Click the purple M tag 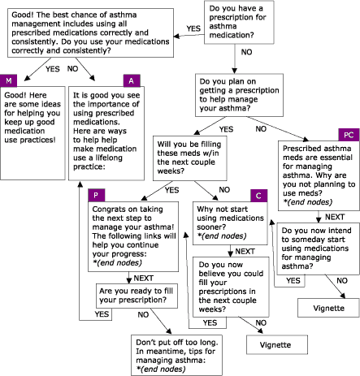(10, 81)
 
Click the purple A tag (131, 81)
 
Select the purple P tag (96, 197)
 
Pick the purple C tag (257, 197)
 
